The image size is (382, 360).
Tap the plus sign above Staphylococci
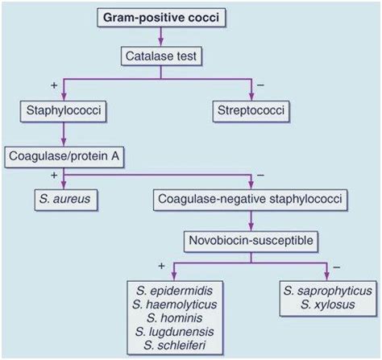pos(54,85)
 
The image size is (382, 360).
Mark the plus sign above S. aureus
pos(54,174)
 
